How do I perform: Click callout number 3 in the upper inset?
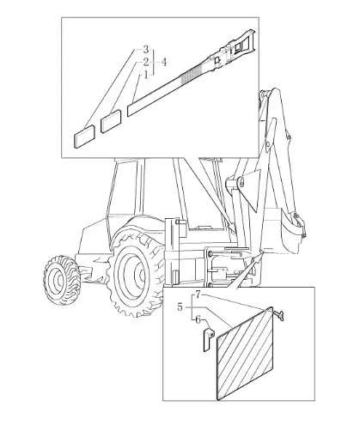[146, 50]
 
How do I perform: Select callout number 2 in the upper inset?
[146, 62]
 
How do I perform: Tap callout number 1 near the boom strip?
[146, 75]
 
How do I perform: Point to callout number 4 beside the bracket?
[163, 62]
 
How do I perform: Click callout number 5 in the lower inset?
[180, 307]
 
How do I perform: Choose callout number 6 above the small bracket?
[198, 319]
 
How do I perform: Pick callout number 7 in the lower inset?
[199, 295]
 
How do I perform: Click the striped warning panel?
[245, 354]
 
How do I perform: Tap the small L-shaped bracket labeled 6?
[208, 340]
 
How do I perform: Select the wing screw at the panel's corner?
[278, 316]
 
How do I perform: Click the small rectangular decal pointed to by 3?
[84, 137]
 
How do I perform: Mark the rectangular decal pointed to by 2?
[111, 122]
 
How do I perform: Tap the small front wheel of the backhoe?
[62, 280]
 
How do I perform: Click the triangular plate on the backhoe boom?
[250, 189]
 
